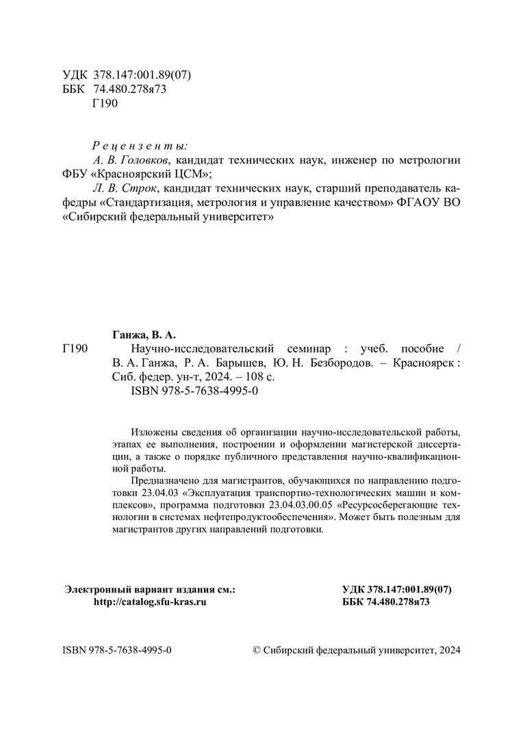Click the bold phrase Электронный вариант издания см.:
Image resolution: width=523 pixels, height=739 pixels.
[149, 588]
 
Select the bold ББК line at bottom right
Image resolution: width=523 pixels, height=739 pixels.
[385, 601]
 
